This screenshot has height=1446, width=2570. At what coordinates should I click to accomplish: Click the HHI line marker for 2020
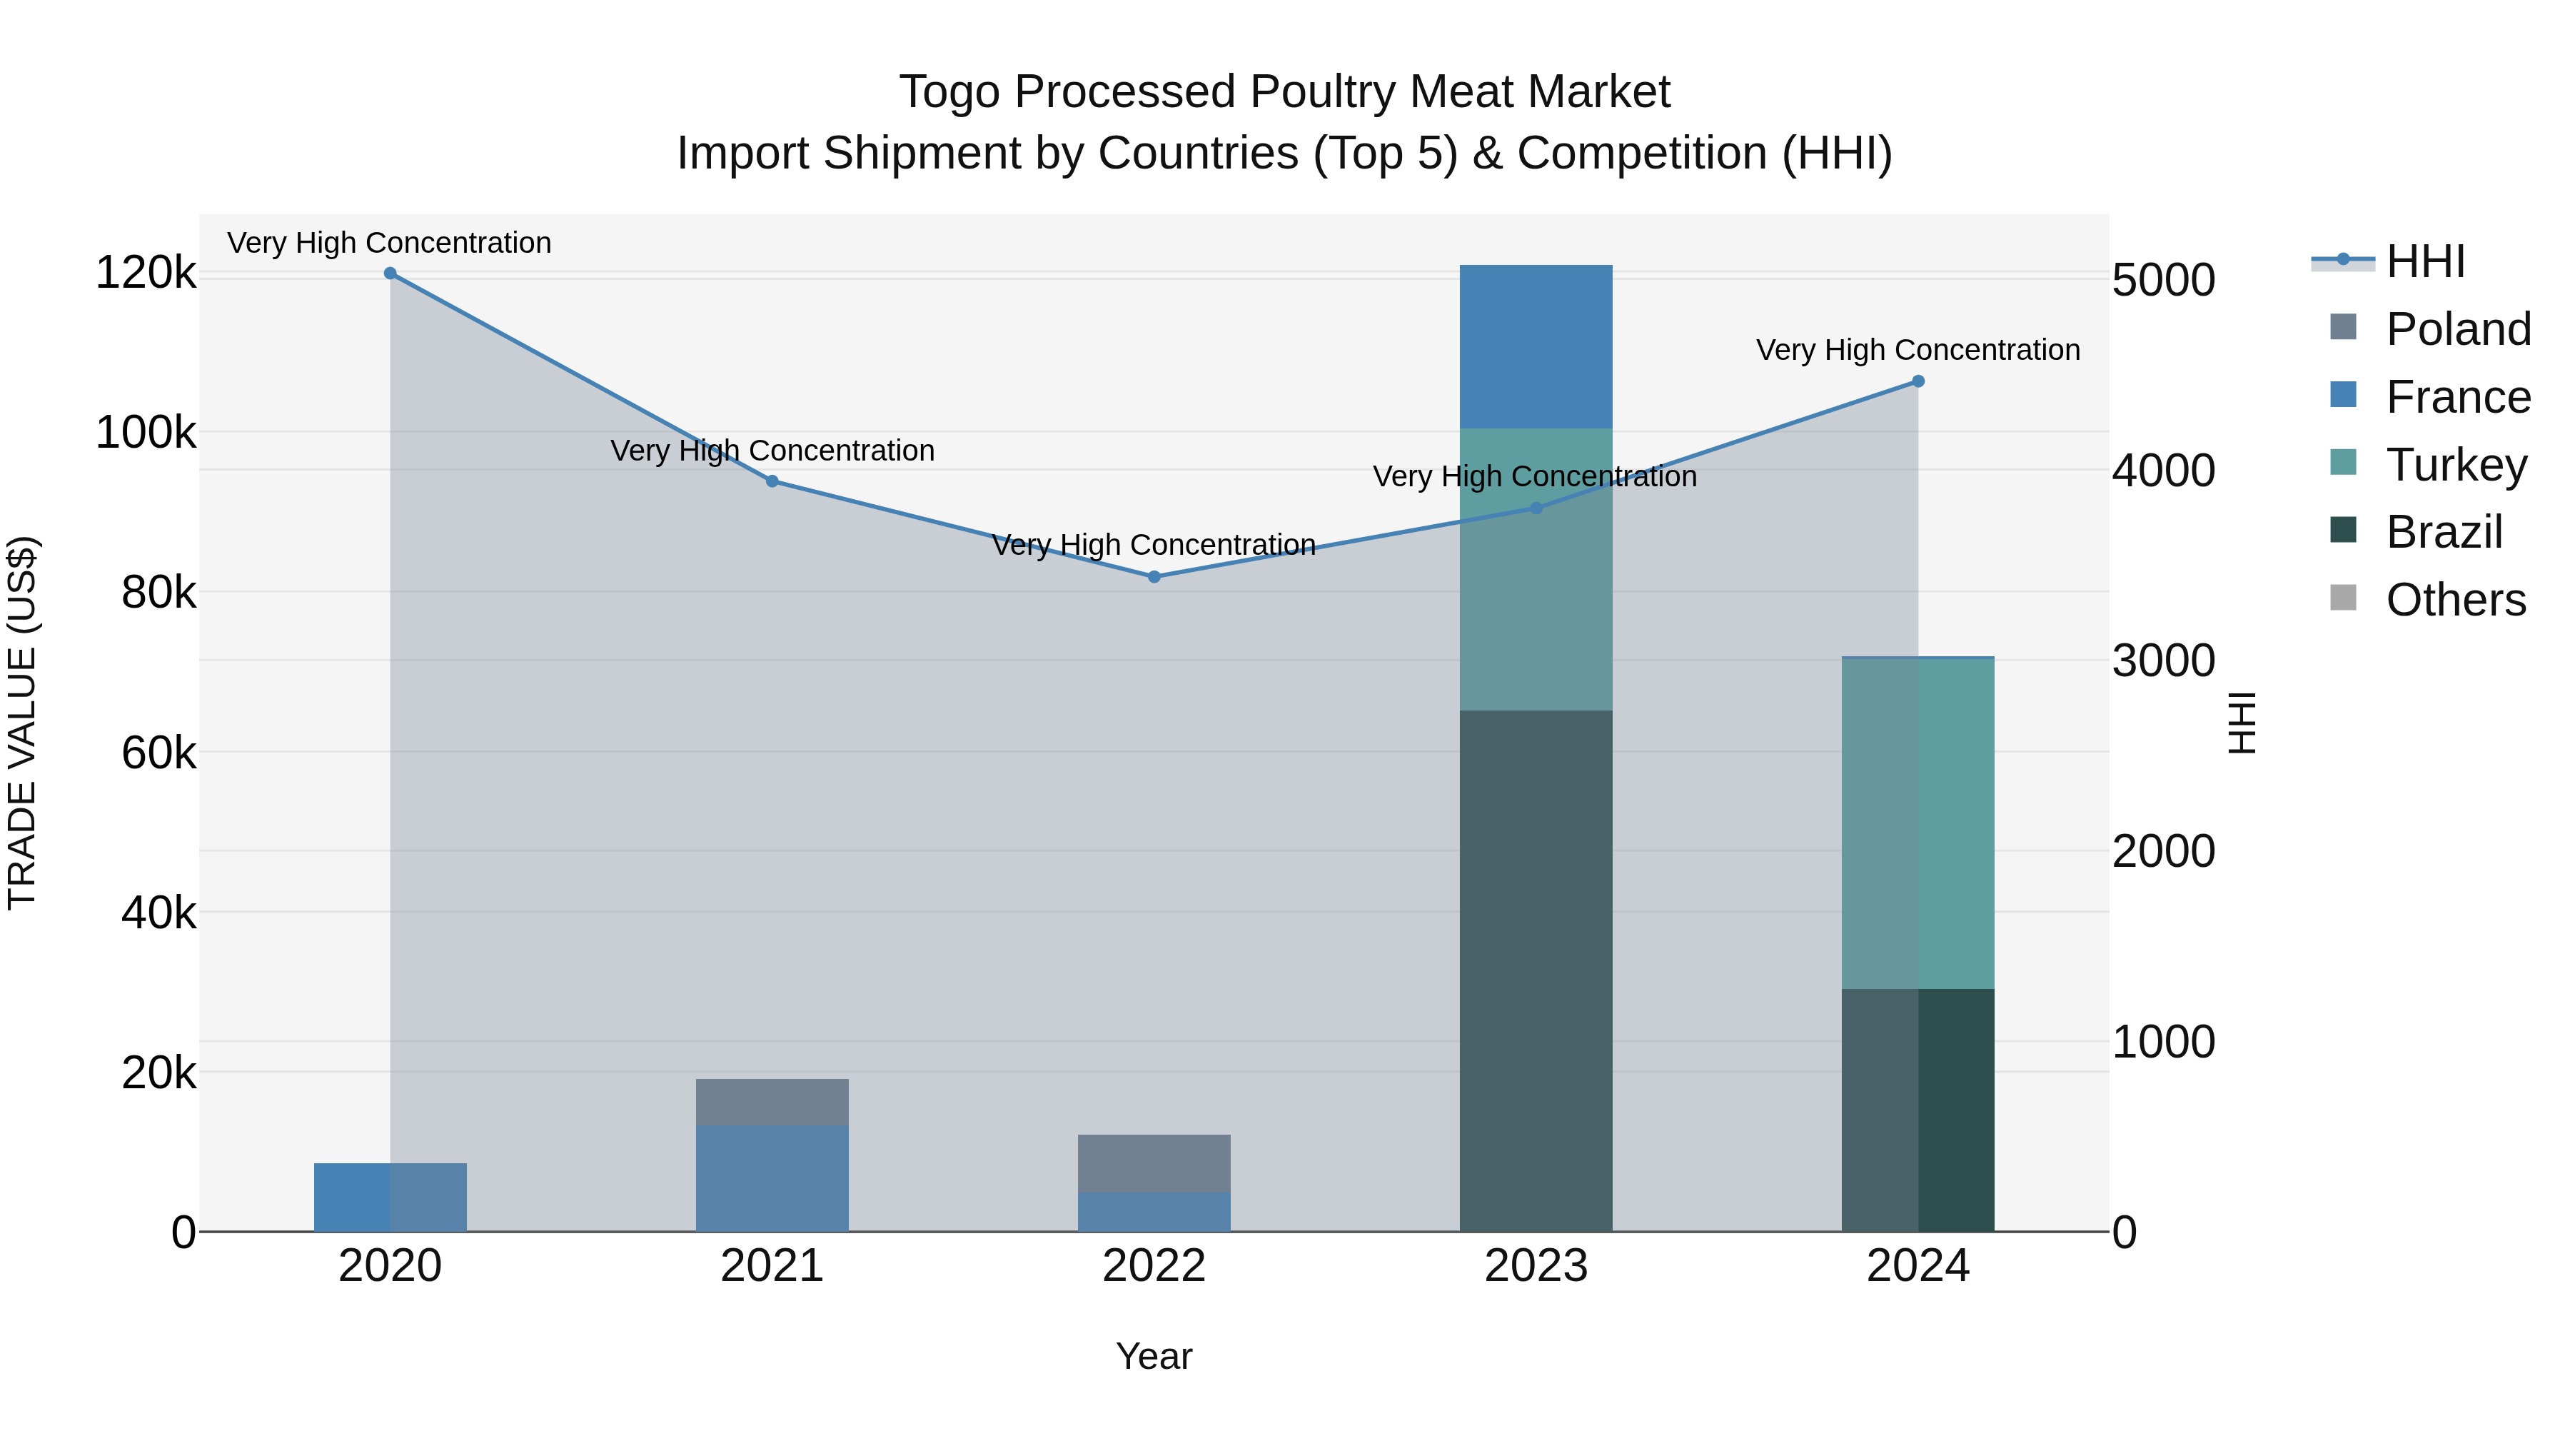(390, 273)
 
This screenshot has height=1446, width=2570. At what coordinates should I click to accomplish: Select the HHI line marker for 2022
(1154, 577)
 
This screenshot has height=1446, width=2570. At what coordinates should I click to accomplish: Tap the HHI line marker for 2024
(1918, 381)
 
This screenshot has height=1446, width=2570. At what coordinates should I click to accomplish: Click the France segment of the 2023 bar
(1536, 346)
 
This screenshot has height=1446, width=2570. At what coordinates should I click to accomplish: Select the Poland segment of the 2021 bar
(772, 1102)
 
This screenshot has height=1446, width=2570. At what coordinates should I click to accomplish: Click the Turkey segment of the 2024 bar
(1918, 823)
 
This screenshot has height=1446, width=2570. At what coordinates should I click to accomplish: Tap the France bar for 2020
(390, 1197)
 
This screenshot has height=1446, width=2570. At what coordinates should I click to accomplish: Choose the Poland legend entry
(2457, 329)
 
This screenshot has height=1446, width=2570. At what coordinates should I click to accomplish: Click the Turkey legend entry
(2455, 465)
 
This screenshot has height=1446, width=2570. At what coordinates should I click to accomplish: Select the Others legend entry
(2455, 600)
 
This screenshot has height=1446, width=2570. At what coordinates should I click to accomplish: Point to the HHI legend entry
(2424, 261)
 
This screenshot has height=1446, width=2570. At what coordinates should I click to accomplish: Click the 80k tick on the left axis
(158, 593)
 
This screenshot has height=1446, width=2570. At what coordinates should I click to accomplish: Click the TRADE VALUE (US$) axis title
(22, 723)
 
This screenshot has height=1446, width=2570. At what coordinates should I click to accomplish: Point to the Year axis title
(1154, 1356)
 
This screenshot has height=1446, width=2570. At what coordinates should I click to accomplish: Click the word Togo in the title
(949, 92)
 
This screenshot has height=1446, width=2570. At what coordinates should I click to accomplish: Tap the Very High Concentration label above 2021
(772, 451)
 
